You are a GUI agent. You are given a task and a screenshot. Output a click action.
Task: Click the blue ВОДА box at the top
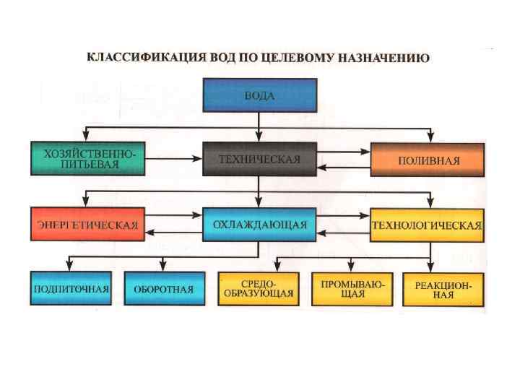pos(259,95)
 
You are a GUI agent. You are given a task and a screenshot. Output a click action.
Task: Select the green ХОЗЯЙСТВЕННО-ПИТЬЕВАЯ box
pos(87,159)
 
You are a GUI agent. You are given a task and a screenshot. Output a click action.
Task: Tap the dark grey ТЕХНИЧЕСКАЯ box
pos(259,159)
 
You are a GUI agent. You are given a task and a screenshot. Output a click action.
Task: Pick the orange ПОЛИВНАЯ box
pos(426,159)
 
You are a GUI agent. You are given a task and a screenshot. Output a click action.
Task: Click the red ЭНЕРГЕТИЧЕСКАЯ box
pos(87,225)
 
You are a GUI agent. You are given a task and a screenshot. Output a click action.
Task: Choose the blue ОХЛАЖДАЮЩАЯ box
pos(259,225)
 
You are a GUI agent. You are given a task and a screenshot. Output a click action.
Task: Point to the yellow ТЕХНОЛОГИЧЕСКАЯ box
pos(426,225)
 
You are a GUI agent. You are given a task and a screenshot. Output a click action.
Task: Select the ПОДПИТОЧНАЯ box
pos(70,289)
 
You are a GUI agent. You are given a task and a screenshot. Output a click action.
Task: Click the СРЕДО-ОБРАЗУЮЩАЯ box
pos(256,289)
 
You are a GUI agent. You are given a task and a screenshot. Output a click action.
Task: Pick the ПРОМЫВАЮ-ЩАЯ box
pos(351,289)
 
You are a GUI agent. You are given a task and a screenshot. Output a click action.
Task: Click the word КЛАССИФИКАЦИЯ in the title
pos(131,57)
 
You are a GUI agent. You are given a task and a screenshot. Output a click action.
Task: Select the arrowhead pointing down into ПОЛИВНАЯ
pos(431,137)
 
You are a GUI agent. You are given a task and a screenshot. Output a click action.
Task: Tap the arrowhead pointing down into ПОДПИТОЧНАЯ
pos(70,266)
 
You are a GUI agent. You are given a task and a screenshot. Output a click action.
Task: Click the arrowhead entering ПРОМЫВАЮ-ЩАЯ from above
pos(351,267)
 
